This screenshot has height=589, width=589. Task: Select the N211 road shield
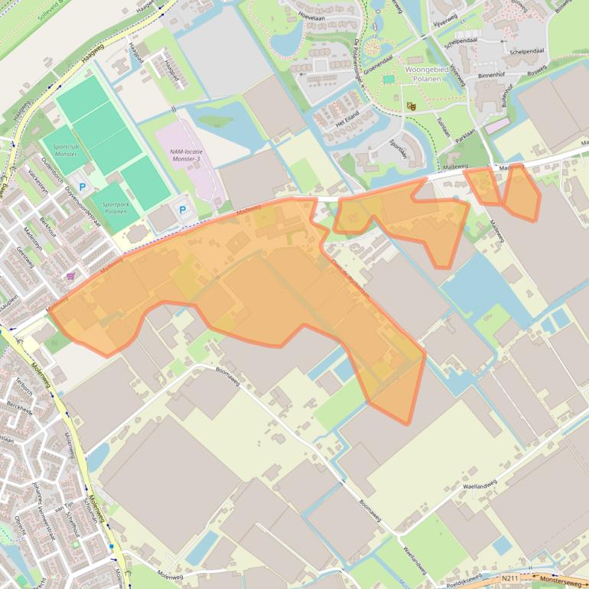pos(509,579)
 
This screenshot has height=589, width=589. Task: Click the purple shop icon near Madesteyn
pos(71,276)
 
